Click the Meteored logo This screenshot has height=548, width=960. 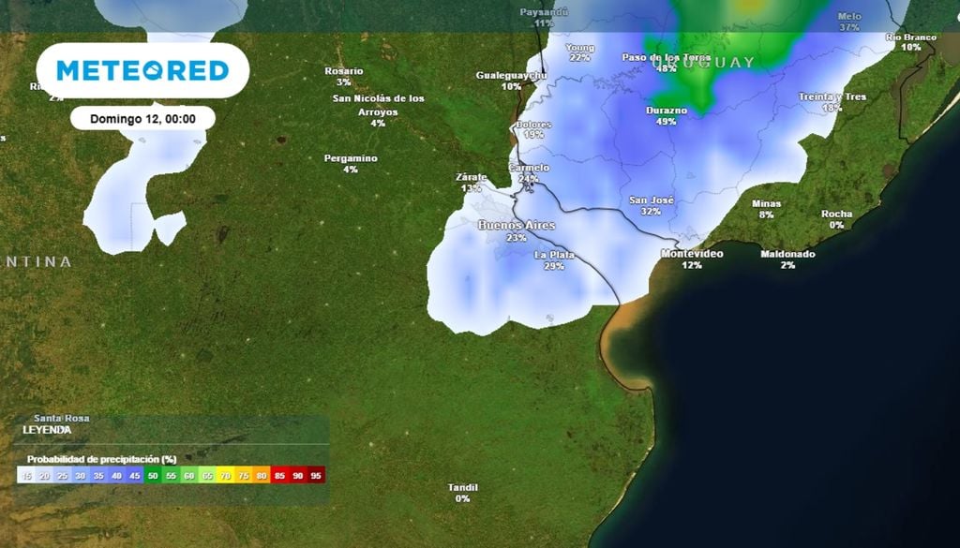coord(142,70)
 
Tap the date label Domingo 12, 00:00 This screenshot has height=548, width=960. coord(142,119)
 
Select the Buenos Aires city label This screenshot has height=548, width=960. coord(517,225)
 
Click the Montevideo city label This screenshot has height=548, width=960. coord(692,254)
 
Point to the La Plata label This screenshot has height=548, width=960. coord(554,255)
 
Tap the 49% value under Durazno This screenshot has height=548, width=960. coord(667,122)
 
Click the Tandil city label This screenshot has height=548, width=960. coord(463,487)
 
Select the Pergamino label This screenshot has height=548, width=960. coord(351,158)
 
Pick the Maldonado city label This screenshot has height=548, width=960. coord(787,254)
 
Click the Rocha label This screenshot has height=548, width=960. coord(836,214)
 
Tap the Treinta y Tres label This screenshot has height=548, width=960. coord(832,96)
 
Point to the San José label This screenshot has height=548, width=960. coord(651,200)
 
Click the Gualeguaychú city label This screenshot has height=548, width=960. coord(511,75)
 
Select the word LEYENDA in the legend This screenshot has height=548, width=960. coord(47,429)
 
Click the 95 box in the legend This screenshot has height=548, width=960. coord(317,476)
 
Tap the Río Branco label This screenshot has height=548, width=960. coord(910,37)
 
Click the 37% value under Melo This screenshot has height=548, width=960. coord(849,28)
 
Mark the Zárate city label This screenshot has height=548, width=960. coord(471,176)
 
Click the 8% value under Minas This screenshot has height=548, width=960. coord(767,215)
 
